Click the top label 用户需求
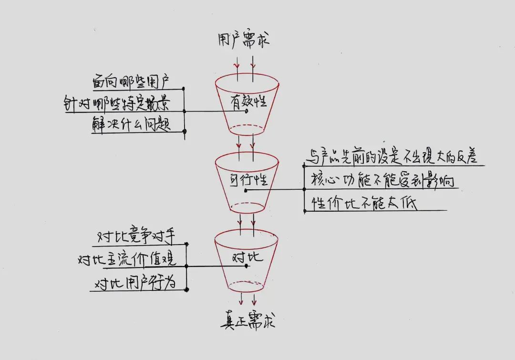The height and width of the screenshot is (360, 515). [x=247, y=40]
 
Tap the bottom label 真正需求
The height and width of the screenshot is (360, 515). [x=247, y=321]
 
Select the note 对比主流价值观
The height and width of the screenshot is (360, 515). [x=127, y=259]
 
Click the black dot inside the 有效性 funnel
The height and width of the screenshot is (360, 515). [x=246, y=112]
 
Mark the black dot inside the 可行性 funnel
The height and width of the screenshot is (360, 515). [x=245, y=190]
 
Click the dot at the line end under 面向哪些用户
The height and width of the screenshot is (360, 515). [x=184, y=89]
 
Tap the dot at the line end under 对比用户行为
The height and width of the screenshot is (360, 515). [x=186, y=289]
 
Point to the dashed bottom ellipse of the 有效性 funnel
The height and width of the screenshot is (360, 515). [x=247, y=129]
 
